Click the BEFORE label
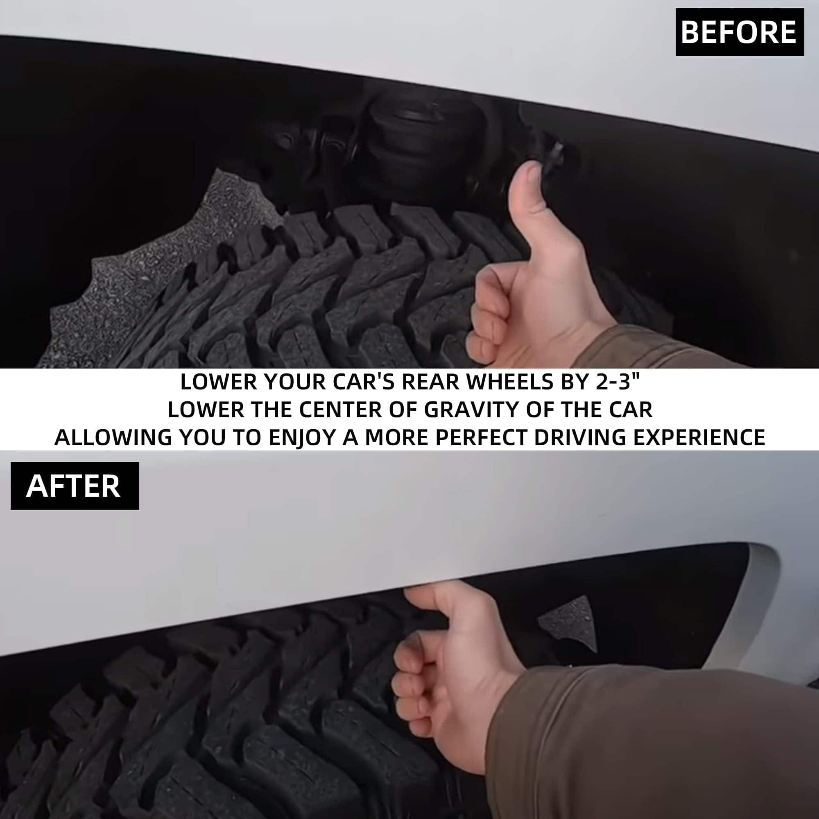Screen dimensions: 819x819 click(x=739, y=32)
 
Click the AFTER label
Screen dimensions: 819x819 click(x=75, y=486)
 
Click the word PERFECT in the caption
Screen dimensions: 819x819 click(x=482, y=437)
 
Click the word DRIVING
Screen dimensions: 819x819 click(x=580, y=437)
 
